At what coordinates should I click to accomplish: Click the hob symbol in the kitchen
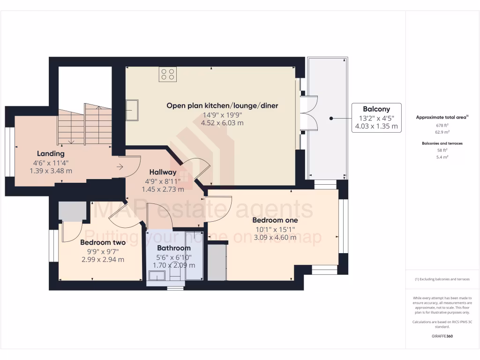coord(168,74)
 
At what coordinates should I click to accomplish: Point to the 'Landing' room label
coord(51,153)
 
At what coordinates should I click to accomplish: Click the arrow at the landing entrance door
coord(120,166)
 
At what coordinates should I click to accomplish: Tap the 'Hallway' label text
coord(163,172)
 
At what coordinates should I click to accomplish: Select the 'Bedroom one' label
coord(275,220)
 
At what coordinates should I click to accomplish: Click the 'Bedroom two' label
coord(103,242)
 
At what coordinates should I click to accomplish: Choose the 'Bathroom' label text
coord(173,248)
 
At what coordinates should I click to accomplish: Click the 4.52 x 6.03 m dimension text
coord(222,123)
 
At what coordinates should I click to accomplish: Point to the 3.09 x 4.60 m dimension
coord(275,238)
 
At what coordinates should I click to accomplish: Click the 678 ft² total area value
coord(442,126)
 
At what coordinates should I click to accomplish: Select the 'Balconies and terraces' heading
coord(442,143)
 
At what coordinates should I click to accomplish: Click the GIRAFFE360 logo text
coord(442,336)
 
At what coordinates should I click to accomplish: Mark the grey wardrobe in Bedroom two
coord(73,211)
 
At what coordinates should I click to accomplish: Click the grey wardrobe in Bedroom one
coord(217,262)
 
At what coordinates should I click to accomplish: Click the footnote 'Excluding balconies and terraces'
coord(442,279)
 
